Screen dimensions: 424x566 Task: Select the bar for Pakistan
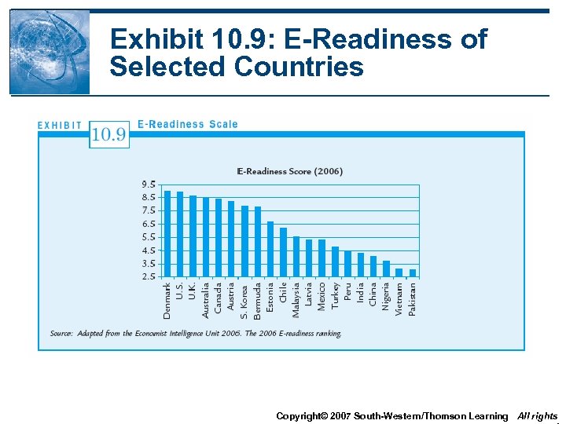tap(413, 272)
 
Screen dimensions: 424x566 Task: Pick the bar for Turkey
tap(335, 261)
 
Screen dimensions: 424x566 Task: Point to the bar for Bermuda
tap(258, 241)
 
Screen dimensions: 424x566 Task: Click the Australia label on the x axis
tap(206, 300)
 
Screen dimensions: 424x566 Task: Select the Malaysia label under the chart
tap(296, 300)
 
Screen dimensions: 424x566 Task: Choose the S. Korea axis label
tap(244, 299)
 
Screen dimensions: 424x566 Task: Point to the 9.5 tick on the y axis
tap(149, 185)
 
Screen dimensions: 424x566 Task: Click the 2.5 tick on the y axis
tap(149, 276)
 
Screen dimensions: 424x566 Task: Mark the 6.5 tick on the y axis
tap(149, 224)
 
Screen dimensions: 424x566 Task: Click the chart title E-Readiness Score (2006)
tap(290, 171)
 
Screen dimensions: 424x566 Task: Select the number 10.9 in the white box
tap(108, 134)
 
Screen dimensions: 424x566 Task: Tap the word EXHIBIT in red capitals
tap(61, 125)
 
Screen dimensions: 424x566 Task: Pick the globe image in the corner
tap(50, 52)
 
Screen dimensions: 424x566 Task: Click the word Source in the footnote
tap(61, 334)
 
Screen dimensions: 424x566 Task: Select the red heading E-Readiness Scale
tap(187, 124)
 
